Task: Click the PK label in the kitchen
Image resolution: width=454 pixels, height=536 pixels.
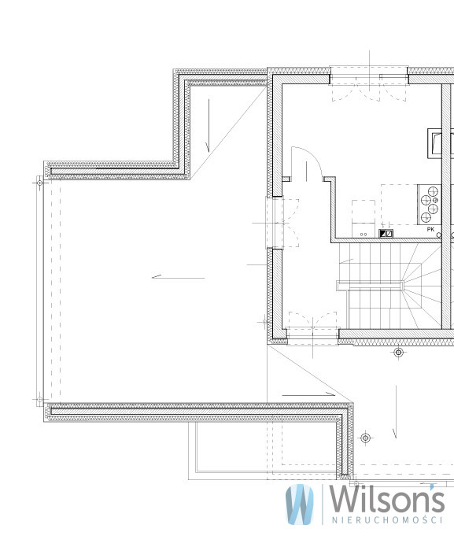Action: (430, 229)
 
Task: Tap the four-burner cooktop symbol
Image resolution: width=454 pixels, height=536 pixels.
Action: (430, 205)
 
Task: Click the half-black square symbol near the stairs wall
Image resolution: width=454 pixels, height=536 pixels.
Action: (383, 234)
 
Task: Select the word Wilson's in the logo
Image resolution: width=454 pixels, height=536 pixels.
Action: (386, 498)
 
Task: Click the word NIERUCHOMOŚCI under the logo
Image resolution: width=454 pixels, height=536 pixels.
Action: (387, 520)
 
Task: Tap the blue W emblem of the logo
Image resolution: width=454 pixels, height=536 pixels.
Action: (300, 505)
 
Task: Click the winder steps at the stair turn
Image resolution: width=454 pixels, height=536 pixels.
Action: (422, 286)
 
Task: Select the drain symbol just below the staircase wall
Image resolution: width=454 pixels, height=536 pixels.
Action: (398, 352)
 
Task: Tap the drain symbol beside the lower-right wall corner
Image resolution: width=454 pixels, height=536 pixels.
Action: (366, 438)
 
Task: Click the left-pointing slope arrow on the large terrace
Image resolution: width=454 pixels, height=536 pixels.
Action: (179, 277)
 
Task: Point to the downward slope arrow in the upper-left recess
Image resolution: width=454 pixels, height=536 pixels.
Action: (208, 125)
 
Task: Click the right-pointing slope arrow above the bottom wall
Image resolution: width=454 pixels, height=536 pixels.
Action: (308, 394)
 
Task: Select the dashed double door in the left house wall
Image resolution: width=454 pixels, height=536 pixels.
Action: (282, 223)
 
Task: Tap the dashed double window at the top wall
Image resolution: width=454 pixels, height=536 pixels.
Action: (369, 87)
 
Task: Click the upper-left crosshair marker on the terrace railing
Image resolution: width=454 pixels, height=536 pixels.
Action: (39, 183)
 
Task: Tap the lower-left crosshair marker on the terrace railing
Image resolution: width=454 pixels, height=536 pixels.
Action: (39, 399)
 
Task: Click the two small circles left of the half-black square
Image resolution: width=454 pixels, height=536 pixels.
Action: (364, 235)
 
